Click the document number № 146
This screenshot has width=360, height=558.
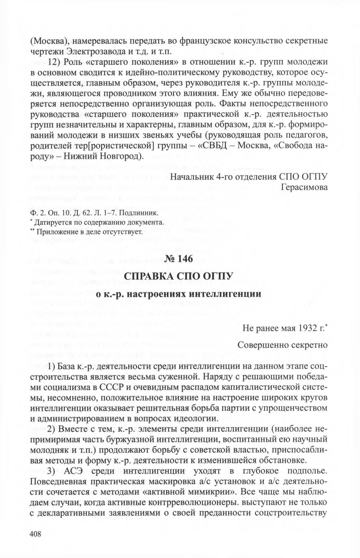coord(180,259)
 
